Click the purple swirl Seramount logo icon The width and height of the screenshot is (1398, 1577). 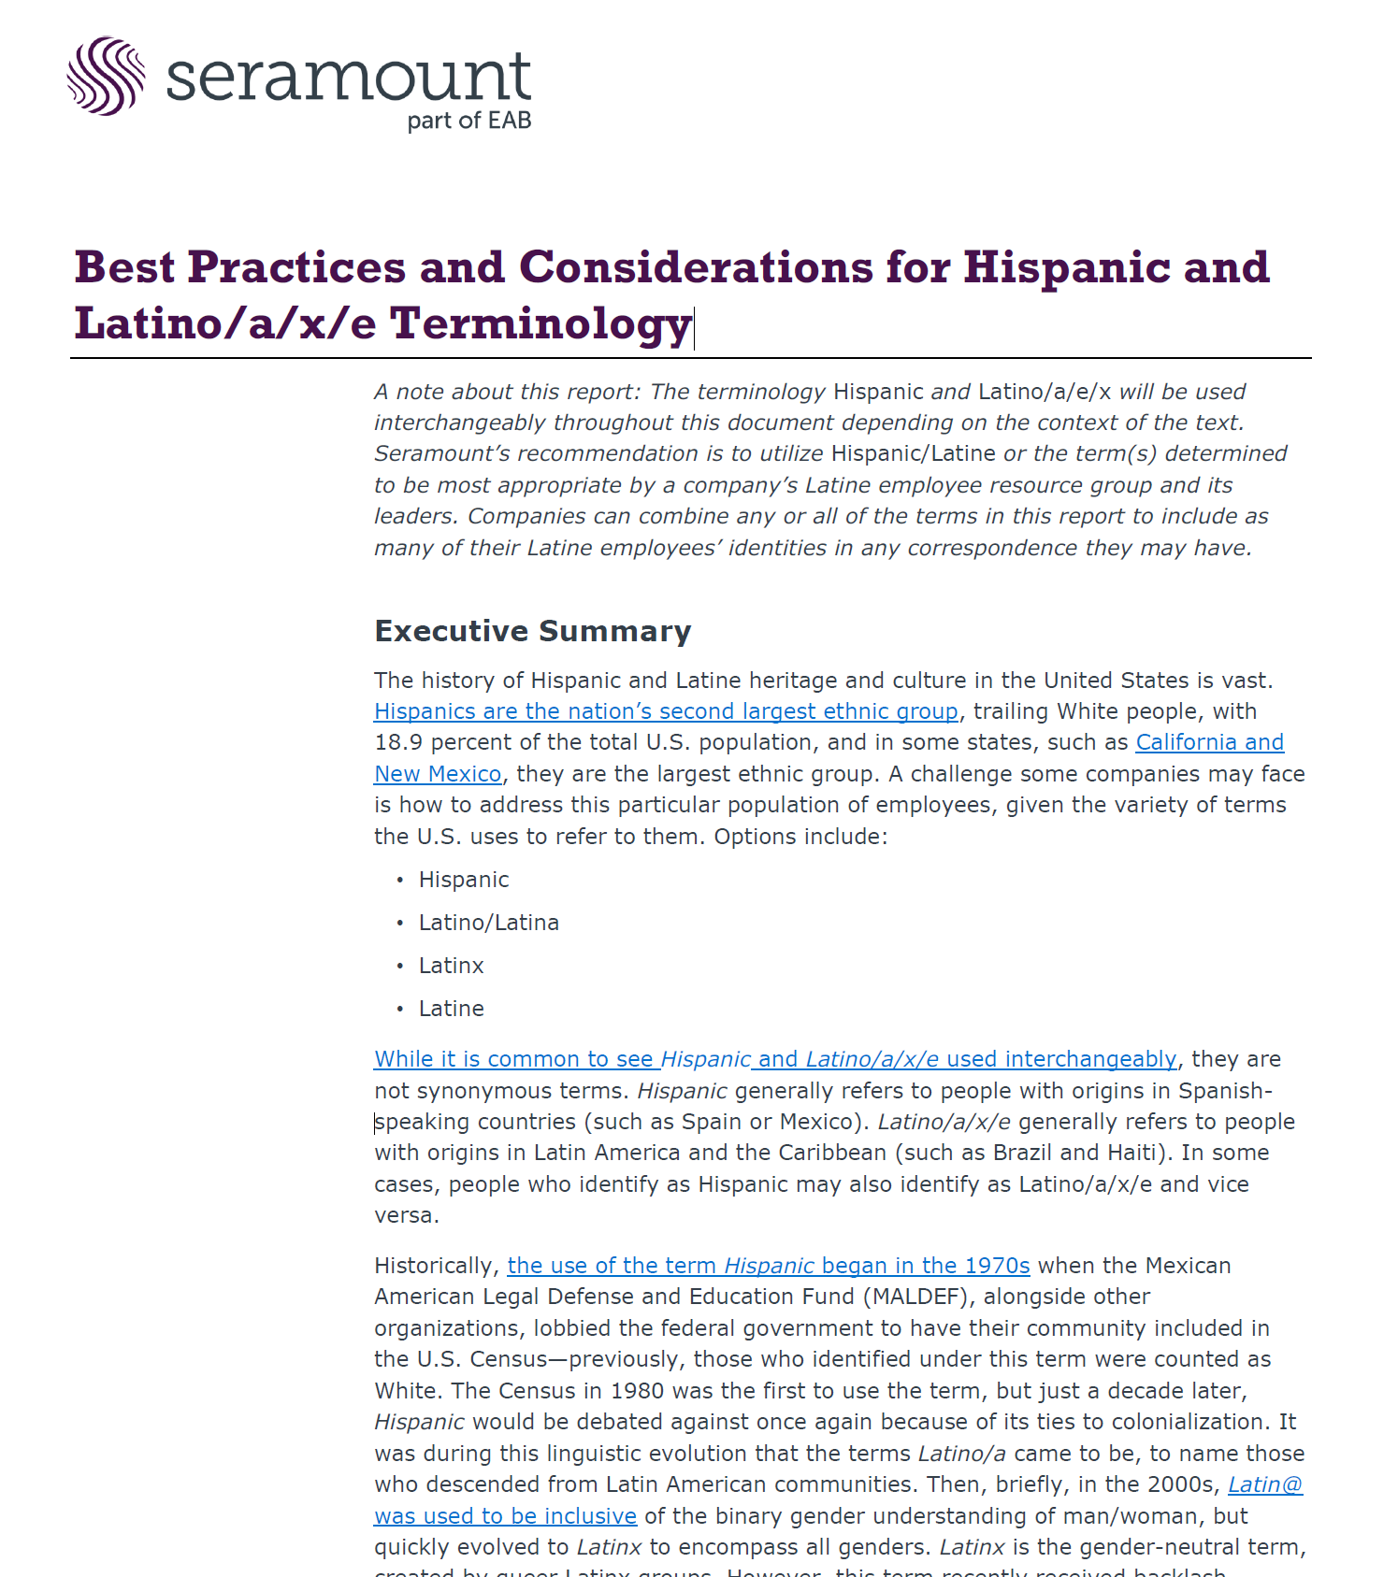click(x=106, y=76)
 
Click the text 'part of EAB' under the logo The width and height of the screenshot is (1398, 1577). click(x=468, y=121)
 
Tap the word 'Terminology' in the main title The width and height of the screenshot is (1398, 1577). click(x=540, y=323)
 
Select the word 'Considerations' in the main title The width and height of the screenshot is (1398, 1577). click(x=696, y=267)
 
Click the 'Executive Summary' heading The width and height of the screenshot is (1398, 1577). click(x=532, y=631)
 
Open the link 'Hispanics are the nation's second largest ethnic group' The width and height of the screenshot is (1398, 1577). click(x=666, y=711)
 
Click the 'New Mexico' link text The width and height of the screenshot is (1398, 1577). click(x=438, y=774)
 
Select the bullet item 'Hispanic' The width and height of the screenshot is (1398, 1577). click(x=464, y=880)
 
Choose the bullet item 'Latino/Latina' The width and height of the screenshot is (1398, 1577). click(x=488, y=923)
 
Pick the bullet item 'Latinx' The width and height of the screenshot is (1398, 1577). click(x=451, y=966)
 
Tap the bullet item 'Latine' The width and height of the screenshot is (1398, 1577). click(x=451, y=1009)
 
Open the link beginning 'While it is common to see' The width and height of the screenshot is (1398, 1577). click(x=774, y=1059)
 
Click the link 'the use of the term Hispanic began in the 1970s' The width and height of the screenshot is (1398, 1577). click(x=768, y=1266)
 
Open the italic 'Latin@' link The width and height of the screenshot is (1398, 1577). click(x=1264, y=1484)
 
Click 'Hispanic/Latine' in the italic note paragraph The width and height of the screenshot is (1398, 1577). click(x=913, y=453)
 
